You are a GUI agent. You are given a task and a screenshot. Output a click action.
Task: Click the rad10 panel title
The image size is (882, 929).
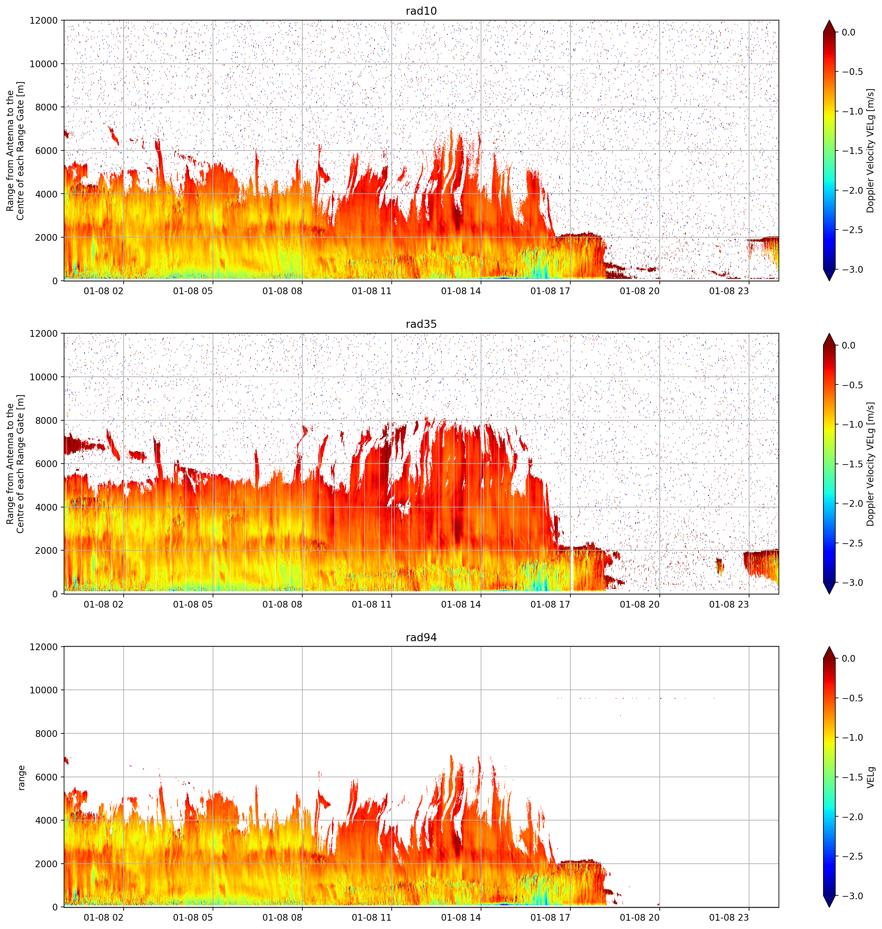421,11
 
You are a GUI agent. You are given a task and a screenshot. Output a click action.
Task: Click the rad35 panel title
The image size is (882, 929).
421,324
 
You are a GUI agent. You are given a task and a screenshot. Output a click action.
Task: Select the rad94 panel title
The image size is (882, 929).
421,638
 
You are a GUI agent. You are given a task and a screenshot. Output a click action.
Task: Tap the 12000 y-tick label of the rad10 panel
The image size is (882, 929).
44,21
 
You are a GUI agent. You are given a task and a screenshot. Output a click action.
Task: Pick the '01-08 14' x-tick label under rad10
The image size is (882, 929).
461,291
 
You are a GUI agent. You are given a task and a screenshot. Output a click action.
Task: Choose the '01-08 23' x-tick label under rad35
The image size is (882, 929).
729,604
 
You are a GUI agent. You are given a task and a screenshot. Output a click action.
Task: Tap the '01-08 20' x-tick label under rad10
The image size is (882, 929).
640,291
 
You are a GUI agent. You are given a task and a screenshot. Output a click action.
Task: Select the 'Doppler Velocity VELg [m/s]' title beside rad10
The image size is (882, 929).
871,151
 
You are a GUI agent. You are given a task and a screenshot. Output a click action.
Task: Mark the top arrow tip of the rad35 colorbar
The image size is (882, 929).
829,334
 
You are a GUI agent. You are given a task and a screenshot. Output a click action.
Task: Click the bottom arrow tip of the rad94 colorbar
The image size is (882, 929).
829,907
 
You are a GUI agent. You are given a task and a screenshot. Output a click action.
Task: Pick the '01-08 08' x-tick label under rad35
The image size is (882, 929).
282,604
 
